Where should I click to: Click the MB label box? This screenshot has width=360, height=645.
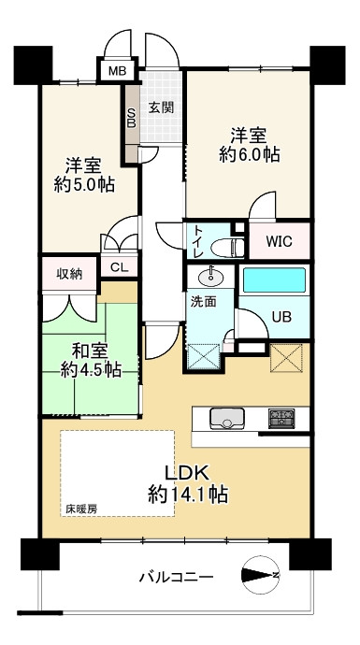click(x=117, y=70)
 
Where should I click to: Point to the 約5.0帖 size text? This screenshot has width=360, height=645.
click(x=83, y=184)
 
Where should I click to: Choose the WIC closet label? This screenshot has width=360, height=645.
click(x=278, y=241)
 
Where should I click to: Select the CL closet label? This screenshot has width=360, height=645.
click(x=119, y=267)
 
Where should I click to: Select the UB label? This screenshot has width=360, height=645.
click(x=281, y=316)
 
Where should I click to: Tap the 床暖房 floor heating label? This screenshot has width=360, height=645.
click(x=81, y=510)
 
